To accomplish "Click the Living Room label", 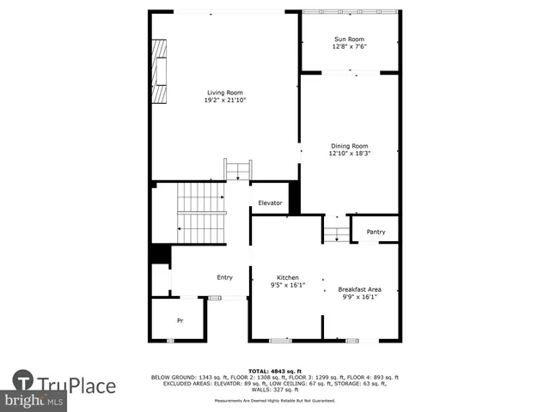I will [x=225, y=93].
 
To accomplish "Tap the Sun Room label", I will [x=349, y=39].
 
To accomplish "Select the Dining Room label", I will [x=349, y=146].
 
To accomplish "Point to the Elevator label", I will [x=271, y=203].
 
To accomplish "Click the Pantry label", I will [x=376, y=232].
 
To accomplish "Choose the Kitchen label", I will [x=287, y=278].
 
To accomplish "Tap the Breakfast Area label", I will [x=359, y=288].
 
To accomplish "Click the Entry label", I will [x=224, y=277].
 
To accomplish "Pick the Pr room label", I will [x=180, y=320].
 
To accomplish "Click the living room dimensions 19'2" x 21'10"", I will [x=225, y=100].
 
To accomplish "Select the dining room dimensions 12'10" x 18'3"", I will [x=349, y=154].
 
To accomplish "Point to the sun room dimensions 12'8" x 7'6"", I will [x=349, y=47].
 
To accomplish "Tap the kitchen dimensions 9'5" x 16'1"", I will [x=287, y=286].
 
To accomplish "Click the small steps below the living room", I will [x=237, y=169].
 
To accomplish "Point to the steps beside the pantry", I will [x=337, y=230].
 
